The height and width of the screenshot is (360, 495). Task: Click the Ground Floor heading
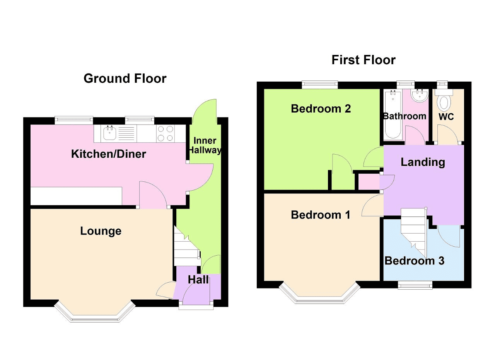pyautogui.click(x=125, y=78)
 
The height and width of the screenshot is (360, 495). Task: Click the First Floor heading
pyautogui.click(x=363, y=60)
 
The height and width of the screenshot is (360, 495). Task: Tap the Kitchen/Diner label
pyautogui.click(x=109, y=154)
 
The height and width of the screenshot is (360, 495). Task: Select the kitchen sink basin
pyautogui.click(x=110, y=133)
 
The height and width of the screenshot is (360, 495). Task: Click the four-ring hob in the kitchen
pyautogui.click(x=165, y=133)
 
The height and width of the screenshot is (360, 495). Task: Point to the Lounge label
pyautogui.click(x=101, y=231)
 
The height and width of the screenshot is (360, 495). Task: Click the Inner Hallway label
pyautogui.click(x=205, y=145)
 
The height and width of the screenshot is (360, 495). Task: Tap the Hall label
pyautogui.click(x=198, y=280)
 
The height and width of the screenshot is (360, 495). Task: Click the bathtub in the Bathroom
pyautogui.click(x=393, y=115)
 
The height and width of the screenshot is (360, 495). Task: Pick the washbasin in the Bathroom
pyautogui.click(x=420, y=96)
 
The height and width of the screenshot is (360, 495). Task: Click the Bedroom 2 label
pyautogui.click(x=321, y=109)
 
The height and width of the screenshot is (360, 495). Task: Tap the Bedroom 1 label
pyautogui.click(x=321, y=215)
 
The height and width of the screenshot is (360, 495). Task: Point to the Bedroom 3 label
pyautogui.click(x=414, y=261)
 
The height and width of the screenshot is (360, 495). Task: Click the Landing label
pyautogui.click(x=423, y=162)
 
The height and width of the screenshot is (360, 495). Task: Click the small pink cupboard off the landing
pyautogui.click(x=369, y=182)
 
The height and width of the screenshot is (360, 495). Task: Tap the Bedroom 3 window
pyautogui.click(x=415, y=285)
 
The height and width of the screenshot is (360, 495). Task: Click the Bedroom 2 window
pyautogui.click(x=320, y=85)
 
